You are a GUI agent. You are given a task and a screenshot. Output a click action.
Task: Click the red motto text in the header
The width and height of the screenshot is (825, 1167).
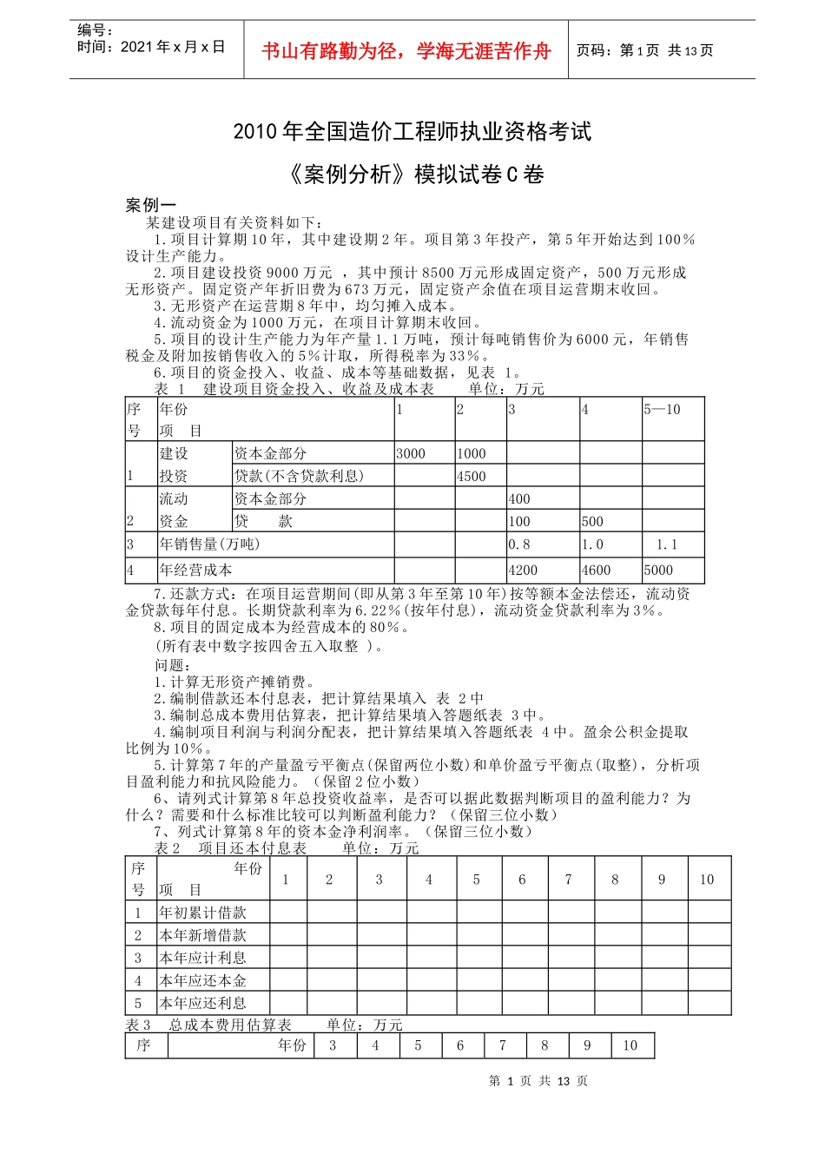pos(406,51)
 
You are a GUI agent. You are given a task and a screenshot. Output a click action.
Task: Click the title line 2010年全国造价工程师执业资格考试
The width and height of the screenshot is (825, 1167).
pos(412,132)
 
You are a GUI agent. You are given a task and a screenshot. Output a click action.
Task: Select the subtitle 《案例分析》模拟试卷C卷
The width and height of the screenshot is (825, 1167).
pos(412,175)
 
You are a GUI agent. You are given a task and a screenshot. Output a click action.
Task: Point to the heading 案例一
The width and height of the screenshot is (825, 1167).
pos(150,205)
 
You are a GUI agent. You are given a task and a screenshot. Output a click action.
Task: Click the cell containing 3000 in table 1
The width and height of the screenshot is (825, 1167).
pos(411,453)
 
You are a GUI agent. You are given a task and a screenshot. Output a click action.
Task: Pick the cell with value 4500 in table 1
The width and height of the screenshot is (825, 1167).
pos(472,476)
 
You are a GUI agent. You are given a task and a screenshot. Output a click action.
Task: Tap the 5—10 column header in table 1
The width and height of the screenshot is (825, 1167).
pos(662,410)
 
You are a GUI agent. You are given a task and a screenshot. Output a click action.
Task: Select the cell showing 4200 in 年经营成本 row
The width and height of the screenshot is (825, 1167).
pos(523,570)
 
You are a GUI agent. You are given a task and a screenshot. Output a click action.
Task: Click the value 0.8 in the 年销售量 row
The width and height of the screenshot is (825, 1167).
pos(519,544)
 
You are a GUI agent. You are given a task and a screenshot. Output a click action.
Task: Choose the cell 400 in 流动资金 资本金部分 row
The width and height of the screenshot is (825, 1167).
pos(519,499)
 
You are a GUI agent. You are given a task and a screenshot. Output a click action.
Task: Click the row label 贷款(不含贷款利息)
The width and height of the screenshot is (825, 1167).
pos(300,476)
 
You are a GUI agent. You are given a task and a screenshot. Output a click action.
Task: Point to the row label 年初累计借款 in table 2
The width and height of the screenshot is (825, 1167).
pos(203,913)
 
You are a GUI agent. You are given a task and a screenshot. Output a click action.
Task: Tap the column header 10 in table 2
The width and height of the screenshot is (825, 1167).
pos(707,880)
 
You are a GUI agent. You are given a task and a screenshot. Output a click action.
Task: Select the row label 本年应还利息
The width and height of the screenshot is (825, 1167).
pos(203,1003)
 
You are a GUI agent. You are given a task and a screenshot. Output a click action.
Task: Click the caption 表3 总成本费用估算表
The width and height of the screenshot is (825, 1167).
pos(208,1025)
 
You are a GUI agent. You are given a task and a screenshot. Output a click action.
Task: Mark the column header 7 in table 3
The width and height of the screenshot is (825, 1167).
pos(502,1045)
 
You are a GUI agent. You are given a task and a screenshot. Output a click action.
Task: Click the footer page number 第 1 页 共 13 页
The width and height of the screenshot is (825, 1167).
pos(538,1081)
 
